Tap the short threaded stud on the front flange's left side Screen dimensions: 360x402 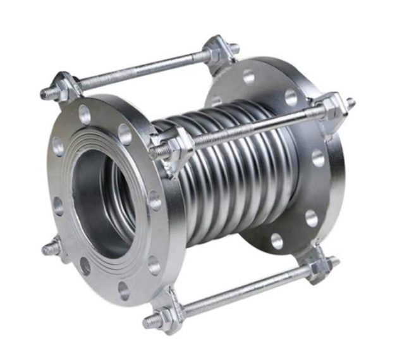[48, 249]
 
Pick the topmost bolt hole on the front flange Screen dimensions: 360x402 [85, 115]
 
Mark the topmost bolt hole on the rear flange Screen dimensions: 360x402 [248, 76]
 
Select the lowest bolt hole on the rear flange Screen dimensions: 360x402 [277, 240]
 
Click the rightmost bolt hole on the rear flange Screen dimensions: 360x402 [318, 158]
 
